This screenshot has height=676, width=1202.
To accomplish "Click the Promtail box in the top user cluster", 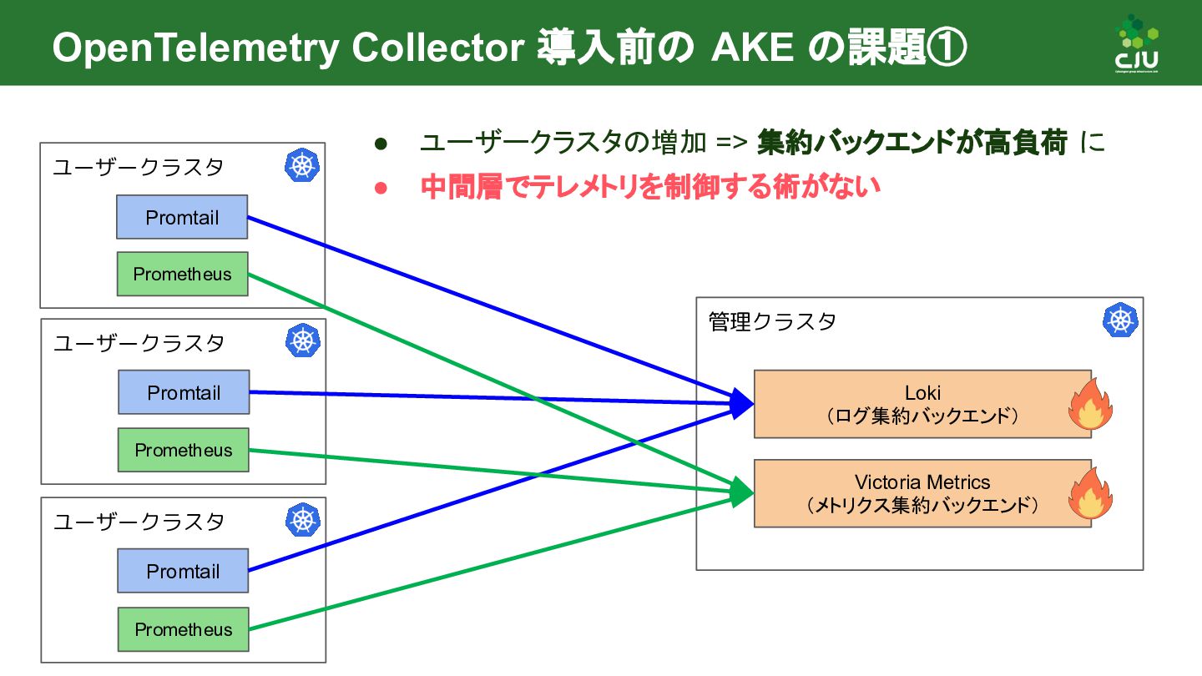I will [182, 217].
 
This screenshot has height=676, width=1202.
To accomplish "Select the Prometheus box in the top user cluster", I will [182, 274].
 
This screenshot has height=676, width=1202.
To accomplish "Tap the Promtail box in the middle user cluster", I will [184, 392].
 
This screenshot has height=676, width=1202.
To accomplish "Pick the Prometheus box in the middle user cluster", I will [184, 450].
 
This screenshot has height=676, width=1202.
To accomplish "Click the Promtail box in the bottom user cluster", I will [183, 571].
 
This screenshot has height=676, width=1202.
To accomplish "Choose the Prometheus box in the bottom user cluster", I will [184, 629].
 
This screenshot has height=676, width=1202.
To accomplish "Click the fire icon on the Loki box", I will [1091, 405].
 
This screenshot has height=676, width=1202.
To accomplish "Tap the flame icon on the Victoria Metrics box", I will [1091, 494].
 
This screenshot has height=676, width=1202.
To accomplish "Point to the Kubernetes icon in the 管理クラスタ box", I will [1120, 320].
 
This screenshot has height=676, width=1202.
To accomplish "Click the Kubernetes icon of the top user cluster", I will [302, 165].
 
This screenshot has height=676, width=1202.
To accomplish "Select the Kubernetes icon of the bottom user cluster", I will [302, 519].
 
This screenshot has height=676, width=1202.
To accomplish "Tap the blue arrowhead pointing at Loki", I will [741, 402].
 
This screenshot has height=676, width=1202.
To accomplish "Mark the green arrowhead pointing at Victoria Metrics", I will [741, 492].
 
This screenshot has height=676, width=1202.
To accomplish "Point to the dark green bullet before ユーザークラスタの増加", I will [381, 144].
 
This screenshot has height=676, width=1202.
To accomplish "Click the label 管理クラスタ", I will [772, 322].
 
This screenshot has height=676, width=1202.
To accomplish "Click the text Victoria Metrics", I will [922, 482].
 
